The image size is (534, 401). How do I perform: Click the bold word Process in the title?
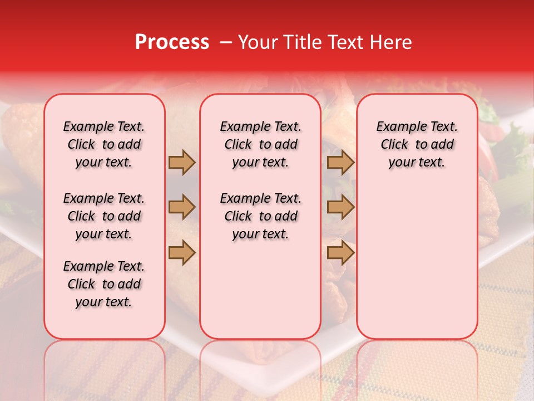click(172, 42)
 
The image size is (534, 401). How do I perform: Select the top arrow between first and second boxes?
click(182, 163)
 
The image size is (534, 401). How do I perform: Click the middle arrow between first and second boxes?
click(182, 207)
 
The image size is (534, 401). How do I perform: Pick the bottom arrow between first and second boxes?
click(182, 252)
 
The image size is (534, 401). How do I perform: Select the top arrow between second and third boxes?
click(340, 163)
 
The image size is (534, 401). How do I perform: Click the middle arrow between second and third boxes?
click(340, 207)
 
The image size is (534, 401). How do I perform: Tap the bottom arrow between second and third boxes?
click(340, 252)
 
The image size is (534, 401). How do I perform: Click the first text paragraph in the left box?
click(104, 144)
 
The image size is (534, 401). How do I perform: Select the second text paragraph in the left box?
click(104, 216)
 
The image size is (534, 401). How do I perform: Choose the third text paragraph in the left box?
click(104, 284)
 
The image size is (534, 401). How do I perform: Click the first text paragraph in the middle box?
click(260, 144)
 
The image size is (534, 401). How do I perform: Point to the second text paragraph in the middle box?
click(260, 216)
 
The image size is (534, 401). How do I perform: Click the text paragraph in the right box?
click(417, 144)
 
